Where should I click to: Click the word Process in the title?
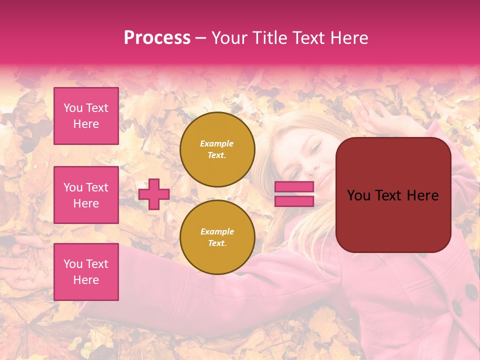[x=157, y=37]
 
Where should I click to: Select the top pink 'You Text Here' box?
[x=86, y=116]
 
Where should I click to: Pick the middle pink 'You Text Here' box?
[x=86, y=195]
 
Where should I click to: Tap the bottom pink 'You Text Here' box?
[x=86, y=271]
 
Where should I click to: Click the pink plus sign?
[x=154, y=194]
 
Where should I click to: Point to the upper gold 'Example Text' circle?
[x=217, y=149]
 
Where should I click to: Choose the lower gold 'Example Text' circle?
[x=217, y=237]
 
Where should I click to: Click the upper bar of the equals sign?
[x=294, y=186]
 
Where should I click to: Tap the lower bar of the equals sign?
[x=294, y=201]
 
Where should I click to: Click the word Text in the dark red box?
[x=393, y=195]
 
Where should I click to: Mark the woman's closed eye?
[x=315, y=146]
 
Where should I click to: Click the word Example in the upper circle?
[x=217, y=143]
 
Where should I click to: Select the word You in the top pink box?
[x=72, y=108]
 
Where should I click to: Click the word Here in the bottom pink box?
[x=86, y=280]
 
